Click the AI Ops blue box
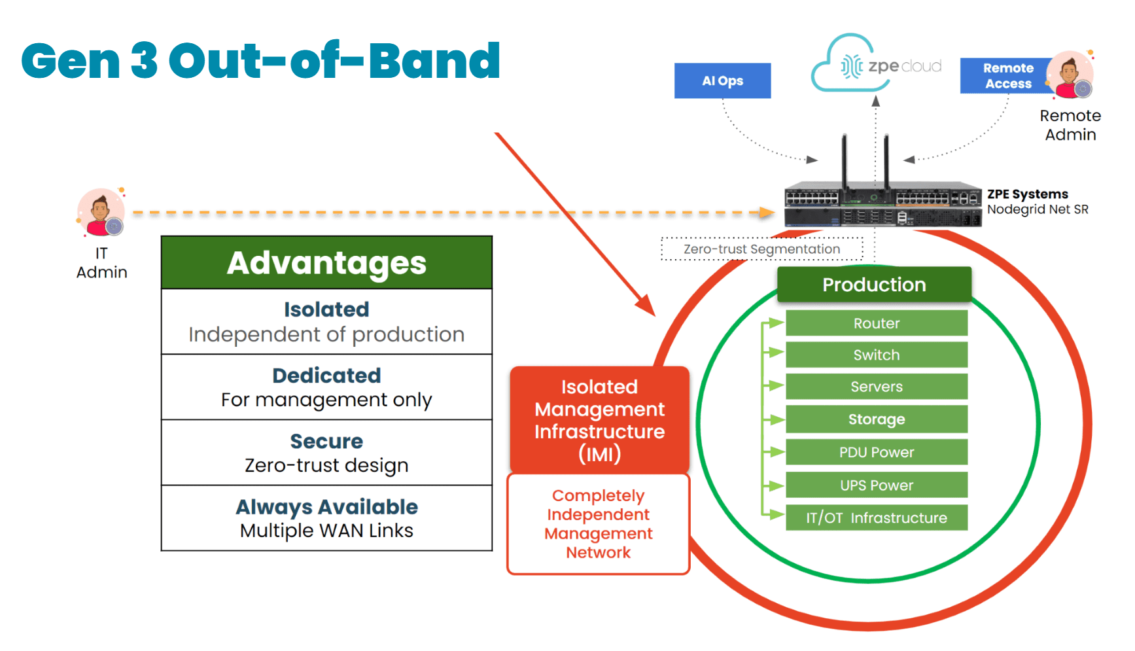click(722, 80)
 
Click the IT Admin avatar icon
click(101, 213)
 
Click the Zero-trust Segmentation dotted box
click(761, 249)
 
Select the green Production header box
click(874, 285)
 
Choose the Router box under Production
click(876, 323)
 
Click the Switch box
click(876, 355)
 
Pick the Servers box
click(876, 387)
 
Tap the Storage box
click(876, 419)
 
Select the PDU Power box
click(876, 452)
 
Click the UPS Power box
click(876, 485)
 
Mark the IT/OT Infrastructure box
click(876, 518)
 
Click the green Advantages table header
click(326, 263)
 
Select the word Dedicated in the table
click(326, 376)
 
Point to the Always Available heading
click(326, 507)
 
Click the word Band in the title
click(434, 61)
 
